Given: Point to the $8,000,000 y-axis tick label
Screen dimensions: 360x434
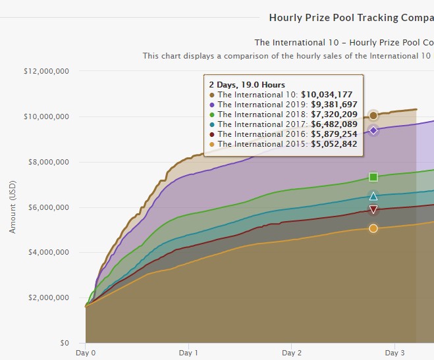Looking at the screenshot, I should click(x=47, y=162).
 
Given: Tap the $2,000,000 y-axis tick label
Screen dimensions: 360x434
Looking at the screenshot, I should click(x=47, y=297).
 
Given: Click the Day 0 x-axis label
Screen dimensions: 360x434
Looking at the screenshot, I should click(x=86, y=353).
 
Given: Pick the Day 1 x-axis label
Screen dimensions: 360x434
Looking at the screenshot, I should click(x=188, y=353).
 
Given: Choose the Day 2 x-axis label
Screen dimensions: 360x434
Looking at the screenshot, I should click(x=291, y=353).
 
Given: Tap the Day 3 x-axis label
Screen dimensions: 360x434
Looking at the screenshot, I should click(x=394, y=353).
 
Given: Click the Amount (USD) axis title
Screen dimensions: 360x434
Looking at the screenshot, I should click(x=13, y=207).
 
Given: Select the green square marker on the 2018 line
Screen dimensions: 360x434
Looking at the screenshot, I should click(x=373, y=177).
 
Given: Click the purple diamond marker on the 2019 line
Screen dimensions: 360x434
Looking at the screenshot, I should click(x=373, y=130).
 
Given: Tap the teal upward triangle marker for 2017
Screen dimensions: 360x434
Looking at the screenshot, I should click(x=373, y=196).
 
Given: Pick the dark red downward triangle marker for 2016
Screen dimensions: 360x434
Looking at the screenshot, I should click(x=373, y=209).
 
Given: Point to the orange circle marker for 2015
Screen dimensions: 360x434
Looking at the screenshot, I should click(x=373, y=228).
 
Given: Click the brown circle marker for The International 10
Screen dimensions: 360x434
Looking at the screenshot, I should click(x=373, y=116).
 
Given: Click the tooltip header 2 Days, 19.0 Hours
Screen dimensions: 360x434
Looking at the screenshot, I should click(x=246, y=85).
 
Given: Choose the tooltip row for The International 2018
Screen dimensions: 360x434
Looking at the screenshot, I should click(x=283, y=115).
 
